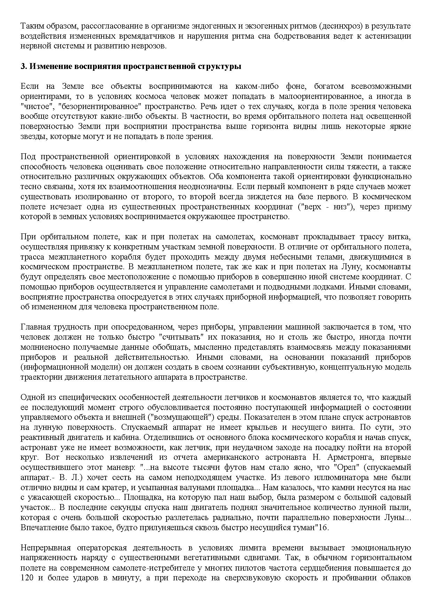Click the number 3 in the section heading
[x=23, y=67]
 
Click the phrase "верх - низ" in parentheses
[x=330, y=207]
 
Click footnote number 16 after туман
[x=324, y=528]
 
